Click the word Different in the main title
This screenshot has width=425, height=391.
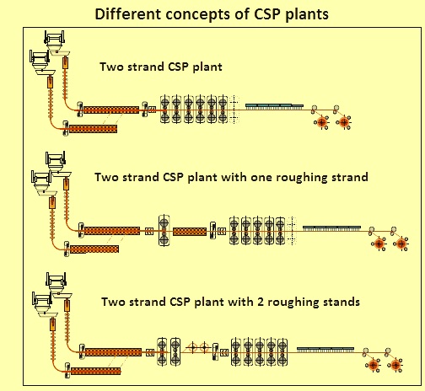click(x=128, y=14)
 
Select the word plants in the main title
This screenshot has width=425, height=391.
click(x=307, y=14)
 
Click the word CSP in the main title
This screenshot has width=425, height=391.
click(x=267, y=14)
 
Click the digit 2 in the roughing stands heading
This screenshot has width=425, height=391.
click(x=261, y=302)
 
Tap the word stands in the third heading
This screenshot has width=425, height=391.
click(x=342, y=302)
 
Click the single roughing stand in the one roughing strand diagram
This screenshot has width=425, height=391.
click(x=164, y=231)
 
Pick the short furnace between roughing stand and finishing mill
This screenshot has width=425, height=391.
click(x=190, y=232)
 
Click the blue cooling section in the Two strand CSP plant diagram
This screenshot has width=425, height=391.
click(x=274, y=106)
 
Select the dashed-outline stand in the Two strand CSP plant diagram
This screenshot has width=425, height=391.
click(x=234, y=110)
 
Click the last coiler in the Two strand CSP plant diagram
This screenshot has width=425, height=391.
click(x=344, y=122)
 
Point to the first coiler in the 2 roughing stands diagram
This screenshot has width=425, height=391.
click(x=373, y=365)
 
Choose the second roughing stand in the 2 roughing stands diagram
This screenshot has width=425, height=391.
click(x=175, y=351)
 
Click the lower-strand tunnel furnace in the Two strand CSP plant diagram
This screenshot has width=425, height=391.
click(x=93, y=129)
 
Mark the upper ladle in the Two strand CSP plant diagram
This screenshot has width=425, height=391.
click(x=55, y=40)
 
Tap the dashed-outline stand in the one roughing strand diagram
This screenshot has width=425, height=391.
click(x=293, y=231)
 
